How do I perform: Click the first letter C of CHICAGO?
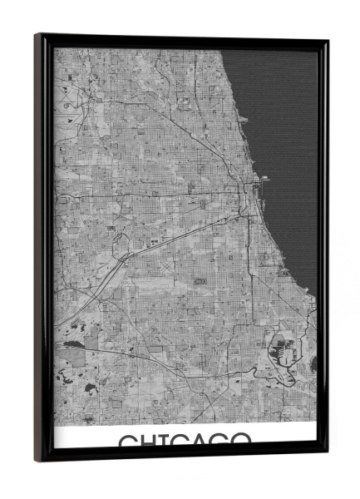point(126,441)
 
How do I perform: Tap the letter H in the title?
point(148,441)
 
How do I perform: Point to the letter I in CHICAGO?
point(163,441)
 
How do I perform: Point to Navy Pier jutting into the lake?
point(264,178)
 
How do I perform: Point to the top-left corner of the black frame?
point(37,35)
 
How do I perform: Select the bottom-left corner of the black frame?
point(37,460)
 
